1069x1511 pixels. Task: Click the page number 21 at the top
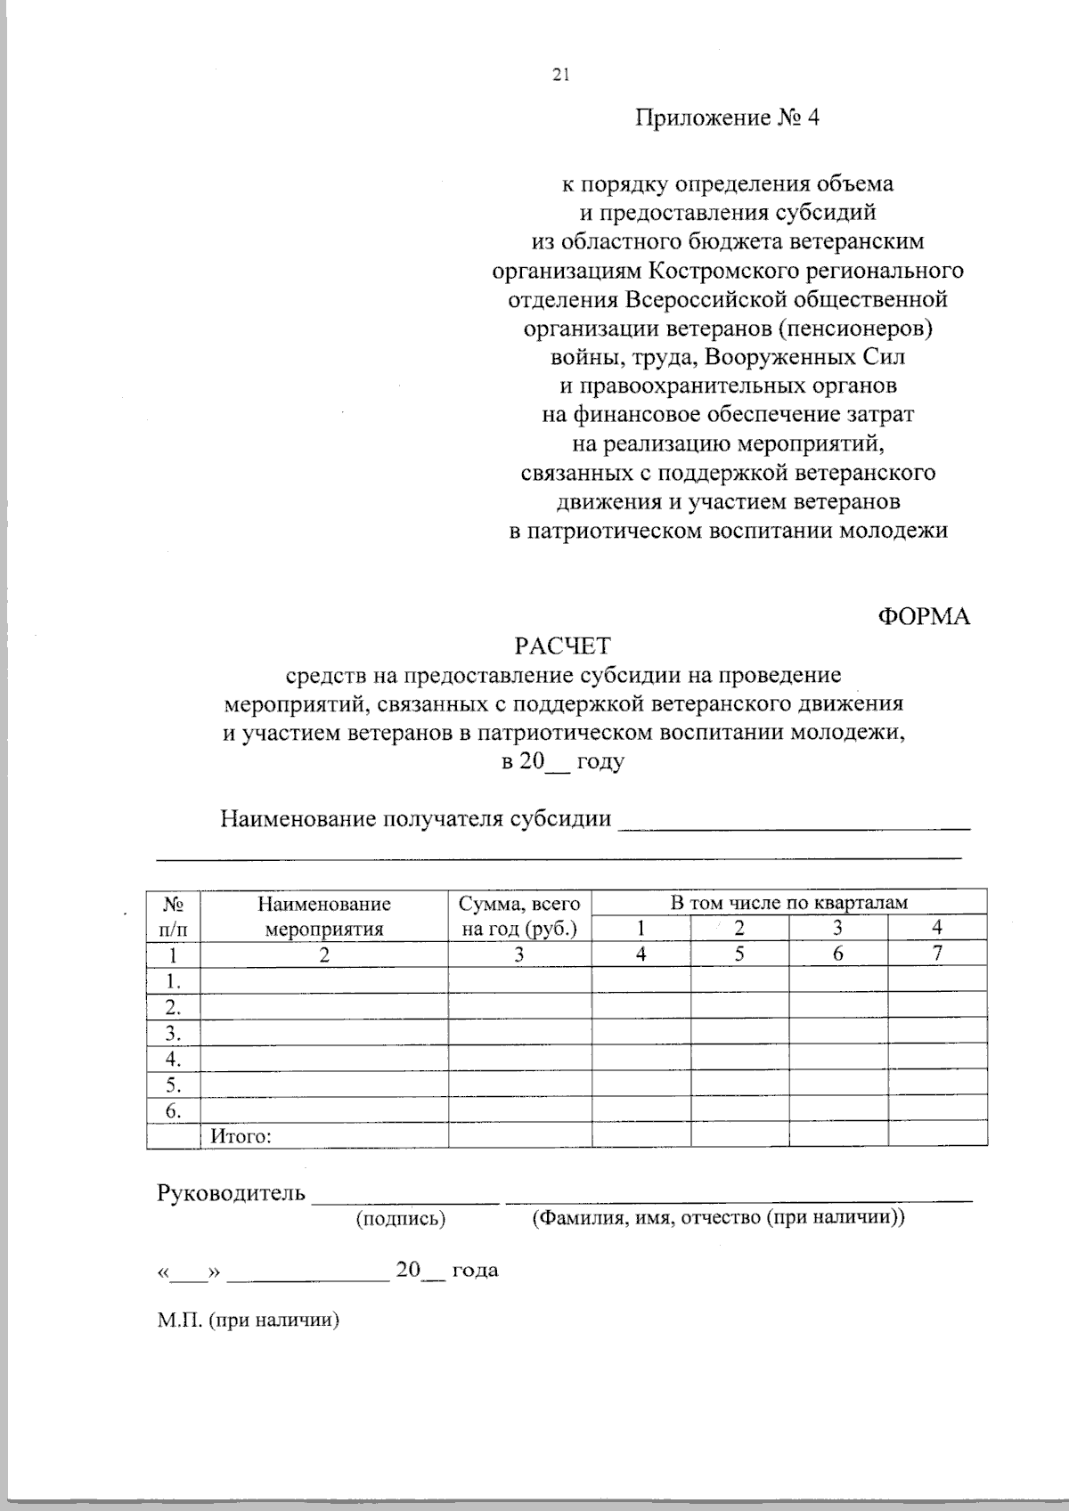560,76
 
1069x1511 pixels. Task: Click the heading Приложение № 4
726,118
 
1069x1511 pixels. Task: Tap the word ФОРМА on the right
924,616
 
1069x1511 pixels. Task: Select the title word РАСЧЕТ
563,646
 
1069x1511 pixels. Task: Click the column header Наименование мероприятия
324,916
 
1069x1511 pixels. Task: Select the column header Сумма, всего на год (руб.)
519,916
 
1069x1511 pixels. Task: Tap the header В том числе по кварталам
788,902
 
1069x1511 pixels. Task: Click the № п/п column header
174,916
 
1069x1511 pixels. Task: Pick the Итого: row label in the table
241,1136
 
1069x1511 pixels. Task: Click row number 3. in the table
174,1034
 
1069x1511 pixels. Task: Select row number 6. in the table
174,1111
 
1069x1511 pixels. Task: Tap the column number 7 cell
936,954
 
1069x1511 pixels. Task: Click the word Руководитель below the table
232,1193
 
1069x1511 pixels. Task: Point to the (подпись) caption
400,1219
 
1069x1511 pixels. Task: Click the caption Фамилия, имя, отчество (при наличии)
718,1218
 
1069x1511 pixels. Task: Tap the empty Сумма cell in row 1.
519,981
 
